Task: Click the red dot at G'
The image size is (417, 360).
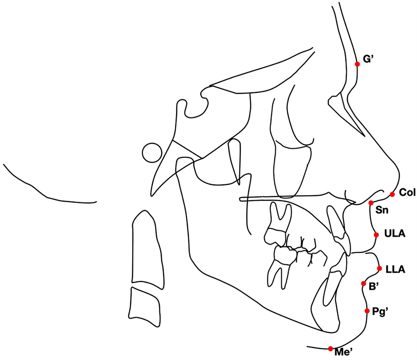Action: tap(357, 64)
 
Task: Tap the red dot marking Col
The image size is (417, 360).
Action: tap(392, 194)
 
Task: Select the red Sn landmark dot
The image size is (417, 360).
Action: tap(371, 203)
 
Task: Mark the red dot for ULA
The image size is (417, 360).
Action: tap(376, 235)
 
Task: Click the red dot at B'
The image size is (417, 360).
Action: tap(364, 283)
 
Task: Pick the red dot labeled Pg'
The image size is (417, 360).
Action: tap(367, 310)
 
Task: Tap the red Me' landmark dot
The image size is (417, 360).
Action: tap(330, 348)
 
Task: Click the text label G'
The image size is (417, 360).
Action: tap(369, 60)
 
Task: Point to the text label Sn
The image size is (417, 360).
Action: tap(382, 210)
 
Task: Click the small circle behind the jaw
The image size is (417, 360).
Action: tap(152, 152)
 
